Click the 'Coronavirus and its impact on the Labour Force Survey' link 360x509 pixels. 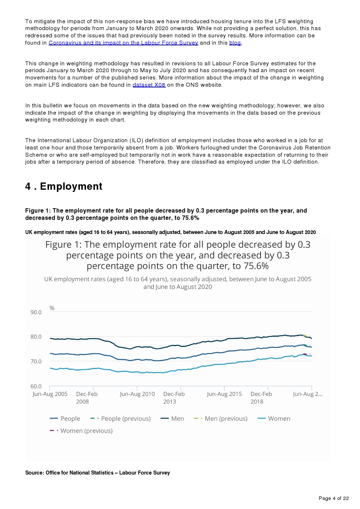point(123,43)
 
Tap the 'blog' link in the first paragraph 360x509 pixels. point(235,43)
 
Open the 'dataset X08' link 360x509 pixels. point(149,85)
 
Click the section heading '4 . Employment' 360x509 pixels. point(64,186)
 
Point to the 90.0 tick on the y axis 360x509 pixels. point(36,312)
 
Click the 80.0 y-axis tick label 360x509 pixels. point(36,337)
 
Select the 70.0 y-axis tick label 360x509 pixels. point(36,361)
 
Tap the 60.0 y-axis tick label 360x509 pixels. point(36,386)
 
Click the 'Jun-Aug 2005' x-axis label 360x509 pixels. point(50,394)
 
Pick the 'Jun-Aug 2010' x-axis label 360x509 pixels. point(137,394)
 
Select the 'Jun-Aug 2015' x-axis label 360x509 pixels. point(224,394)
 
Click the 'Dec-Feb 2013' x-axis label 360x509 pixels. point(174,398)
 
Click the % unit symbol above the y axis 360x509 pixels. point(52,308)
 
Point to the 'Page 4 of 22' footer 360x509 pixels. point(334,498)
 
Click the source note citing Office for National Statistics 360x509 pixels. point(98,473)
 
